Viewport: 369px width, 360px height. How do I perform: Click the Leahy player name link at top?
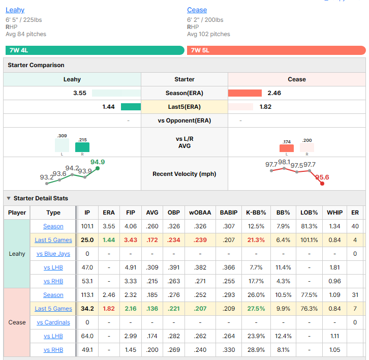click(x=15, y=10)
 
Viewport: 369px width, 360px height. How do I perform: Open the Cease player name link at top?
click(x=197, y=10)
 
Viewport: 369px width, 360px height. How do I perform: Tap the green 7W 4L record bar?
click(x=95, y=50)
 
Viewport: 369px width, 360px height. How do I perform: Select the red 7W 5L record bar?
click(x=276, y=50)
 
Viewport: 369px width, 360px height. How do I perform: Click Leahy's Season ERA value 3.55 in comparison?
click(x=80, y=93)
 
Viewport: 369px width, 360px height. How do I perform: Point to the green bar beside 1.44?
click(x=131, y=107)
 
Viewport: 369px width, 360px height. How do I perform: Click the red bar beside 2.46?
click(x=245, y=93)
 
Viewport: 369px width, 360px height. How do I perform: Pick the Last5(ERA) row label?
click(x=184, y=107)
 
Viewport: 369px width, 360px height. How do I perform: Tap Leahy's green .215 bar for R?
click(x=82, y=147)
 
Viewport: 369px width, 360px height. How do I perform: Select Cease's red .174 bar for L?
click(x=287, y=148)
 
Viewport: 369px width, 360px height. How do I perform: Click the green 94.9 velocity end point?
click(x=98, y=168)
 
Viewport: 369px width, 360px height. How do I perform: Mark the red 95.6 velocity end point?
click(x=322, y=184)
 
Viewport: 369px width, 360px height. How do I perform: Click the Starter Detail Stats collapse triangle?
click(x=9, y=198)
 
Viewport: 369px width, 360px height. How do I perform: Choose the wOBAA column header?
click(x=200, y=213)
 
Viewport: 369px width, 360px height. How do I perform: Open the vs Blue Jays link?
click(x=53, y=254)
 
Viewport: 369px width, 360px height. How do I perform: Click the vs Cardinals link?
click(x=53, y=322)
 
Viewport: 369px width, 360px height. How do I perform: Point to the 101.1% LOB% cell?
click(x=309, y=240)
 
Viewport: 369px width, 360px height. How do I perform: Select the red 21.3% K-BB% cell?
click(x=256, y=240)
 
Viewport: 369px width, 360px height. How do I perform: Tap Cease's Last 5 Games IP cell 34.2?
click(x=87, y=309)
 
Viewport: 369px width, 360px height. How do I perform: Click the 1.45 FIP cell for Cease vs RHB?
click(x=131, y=350)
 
